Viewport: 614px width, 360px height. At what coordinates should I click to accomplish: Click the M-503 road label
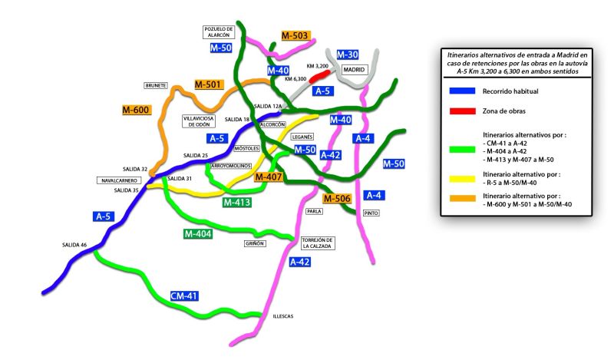(295, 35)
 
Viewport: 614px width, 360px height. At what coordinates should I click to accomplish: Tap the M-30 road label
(348, 54)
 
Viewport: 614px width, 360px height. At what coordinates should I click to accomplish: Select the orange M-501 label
(208, 84)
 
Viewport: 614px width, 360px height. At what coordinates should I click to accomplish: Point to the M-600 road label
(136, 110)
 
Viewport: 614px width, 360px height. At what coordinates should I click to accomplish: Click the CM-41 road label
(184, 296)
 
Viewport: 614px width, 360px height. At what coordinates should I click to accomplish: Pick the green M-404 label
(198, 234)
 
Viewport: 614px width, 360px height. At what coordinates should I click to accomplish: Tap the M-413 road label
(236, 203)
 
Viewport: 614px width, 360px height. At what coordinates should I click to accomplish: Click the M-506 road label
(337, 199)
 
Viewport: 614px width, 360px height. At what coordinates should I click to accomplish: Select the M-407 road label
(269, 177)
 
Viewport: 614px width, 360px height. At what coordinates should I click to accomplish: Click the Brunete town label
(156, 85)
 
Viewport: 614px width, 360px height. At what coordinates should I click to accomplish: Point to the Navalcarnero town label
(120, 180)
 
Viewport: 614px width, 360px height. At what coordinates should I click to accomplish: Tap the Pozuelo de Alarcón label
(219, 32)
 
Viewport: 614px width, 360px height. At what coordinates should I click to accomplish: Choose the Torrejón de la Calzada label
(317, 243)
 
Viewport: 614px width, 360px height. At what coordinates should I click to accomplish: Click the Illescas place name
(283, 316)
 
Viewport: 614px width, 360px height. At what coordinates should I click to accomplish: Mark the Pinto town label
(371, 213)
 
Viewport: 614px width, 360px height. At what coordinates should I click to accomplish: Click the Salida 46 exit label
(74, 245)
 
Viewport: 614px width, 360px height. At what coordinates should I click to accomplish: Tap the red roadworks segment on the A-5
(320, 77)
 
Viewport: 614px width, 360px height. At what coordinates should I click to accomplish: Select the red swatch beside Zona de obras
(463, 111)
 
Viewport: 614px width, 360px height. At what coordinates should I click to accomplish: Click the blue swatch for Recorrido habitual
(463, 91)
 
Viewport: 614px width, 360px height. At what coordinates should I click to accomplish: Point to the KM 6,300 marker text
(295, 79)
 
